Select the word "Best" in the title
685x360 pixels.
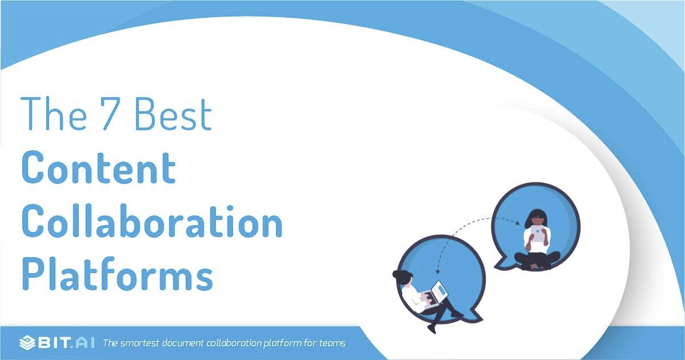coord(174,114)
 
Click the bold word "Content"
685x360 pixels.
coord(98,168)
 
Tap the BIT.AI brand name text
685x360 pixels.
coord(66,343)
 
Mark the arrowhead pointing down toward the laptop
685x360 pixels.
coord(437,272)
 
